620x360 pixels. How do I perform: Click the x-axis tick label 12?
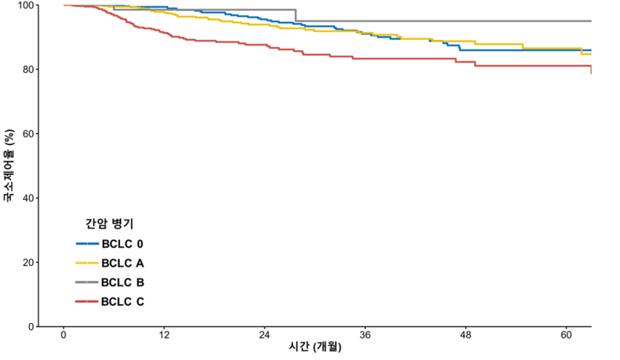click(x=164, y=335)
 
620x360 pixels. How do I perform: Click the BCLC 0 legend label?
click(x=122, y=243)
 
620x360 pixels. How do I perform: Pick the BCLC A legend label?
click(x=122, y=263)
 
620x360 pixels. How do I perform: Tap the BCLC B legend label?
click(x=122, y=282)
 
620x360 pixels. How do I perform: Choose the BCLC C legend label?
click(x=122, y=302)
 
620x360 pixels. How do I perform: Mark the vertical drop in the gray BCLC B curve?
click(x=295, y=15)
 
